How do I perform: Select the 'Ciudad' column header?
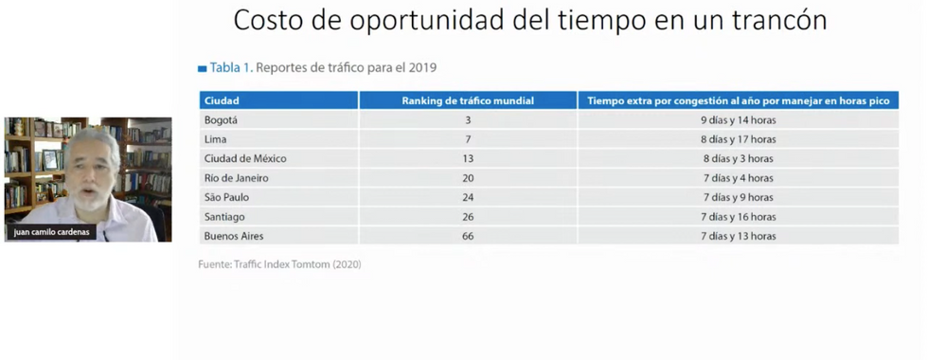(x=222, y=100)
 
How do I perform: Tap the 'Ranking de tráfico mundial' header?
(x=468, y=100)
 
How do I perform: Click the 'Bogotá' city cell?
(x=221, y=120)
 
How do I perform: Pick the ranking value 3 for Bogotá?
(x=468, y=120)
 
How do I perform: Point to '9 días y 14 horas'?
(x=738, y=120)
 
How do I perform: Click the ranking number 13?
(x=468, y=159)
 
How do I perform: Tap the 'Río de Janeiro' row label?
(x=237, y=178)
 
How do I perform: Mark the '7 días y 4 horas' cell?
(x=738, y=178)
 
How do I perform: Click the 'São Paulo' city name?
(x=226, y=197)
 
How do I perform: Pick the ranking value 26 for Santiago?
(x=468, y=217)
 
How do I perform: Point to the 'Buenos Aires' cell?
(x=234, y=236)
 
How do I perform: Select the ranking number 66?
(x=468, y=236)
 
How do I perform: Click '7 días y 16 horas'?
(x=738, y=217)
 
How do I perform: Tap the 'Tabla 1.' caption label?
(x=231, y=67)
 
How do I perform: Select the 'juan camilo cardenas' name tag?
(x=51, y=232)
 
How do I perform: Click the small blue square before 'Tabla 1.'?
(x=202, y=68)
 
